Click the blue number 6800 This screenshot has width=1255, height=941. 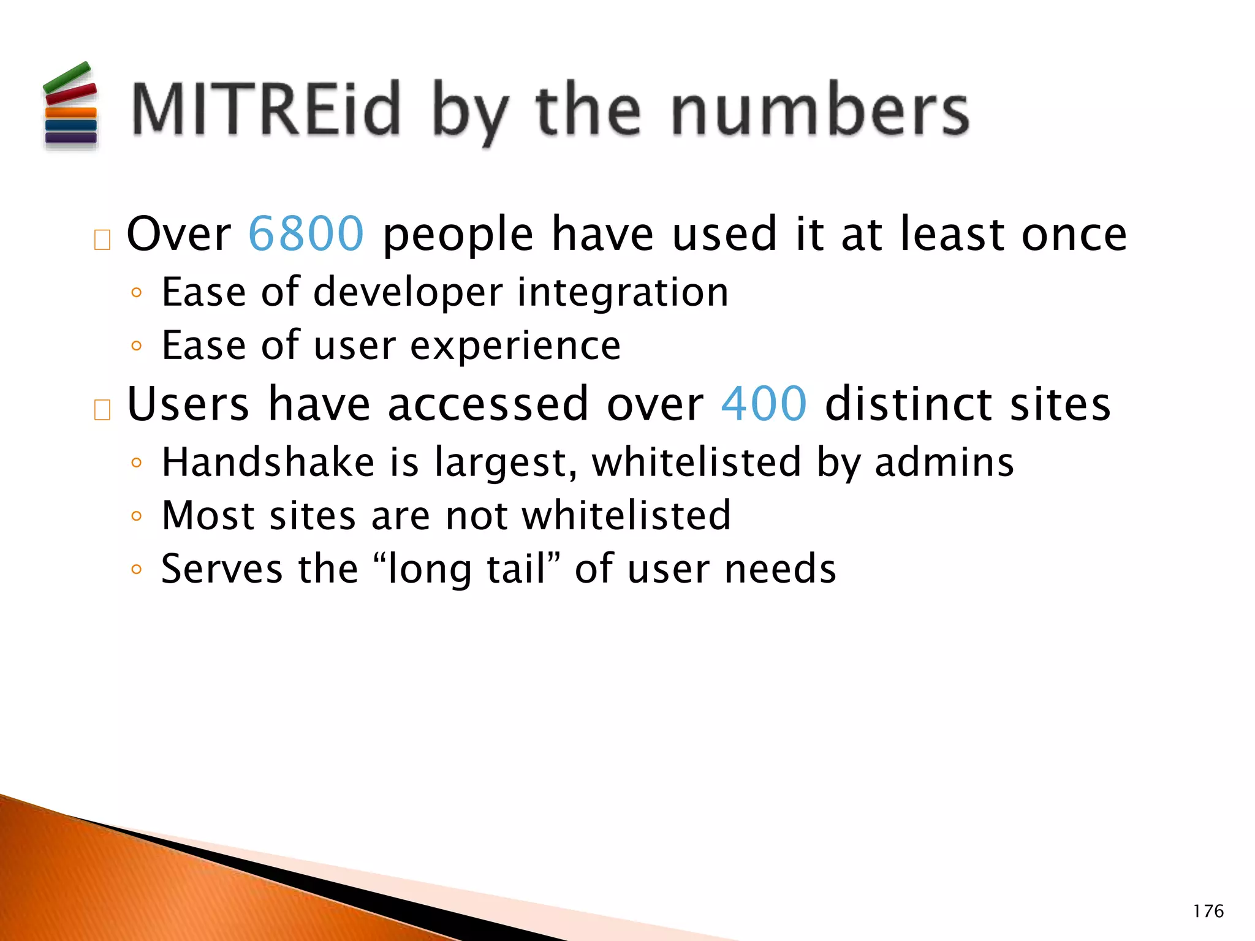306,234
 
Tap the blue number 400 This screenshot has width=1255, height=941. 764,404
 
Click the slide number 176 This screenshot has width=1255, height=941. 1208,912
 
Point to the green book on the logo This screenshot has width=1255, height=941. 67,77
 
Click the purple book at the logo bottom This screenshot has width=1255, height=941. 71,138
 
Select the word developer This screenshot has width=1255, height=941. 408,293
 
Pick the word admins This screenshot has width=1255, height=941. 944,462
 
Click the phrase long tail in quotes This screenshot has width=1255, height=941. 467,570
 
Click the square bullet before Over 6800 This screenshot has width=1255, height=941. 102,240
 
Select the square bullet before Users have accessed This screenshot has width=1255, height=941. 102,410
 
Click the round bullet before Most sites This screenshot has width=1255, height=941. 137,516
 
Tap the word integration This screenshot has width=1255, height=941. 623,293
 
